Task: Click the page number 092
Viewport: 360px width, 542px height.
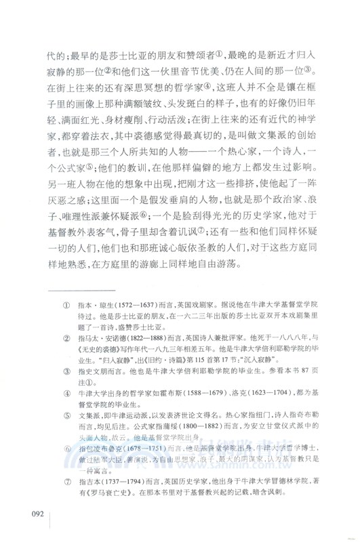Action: (x=33, y=514)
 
